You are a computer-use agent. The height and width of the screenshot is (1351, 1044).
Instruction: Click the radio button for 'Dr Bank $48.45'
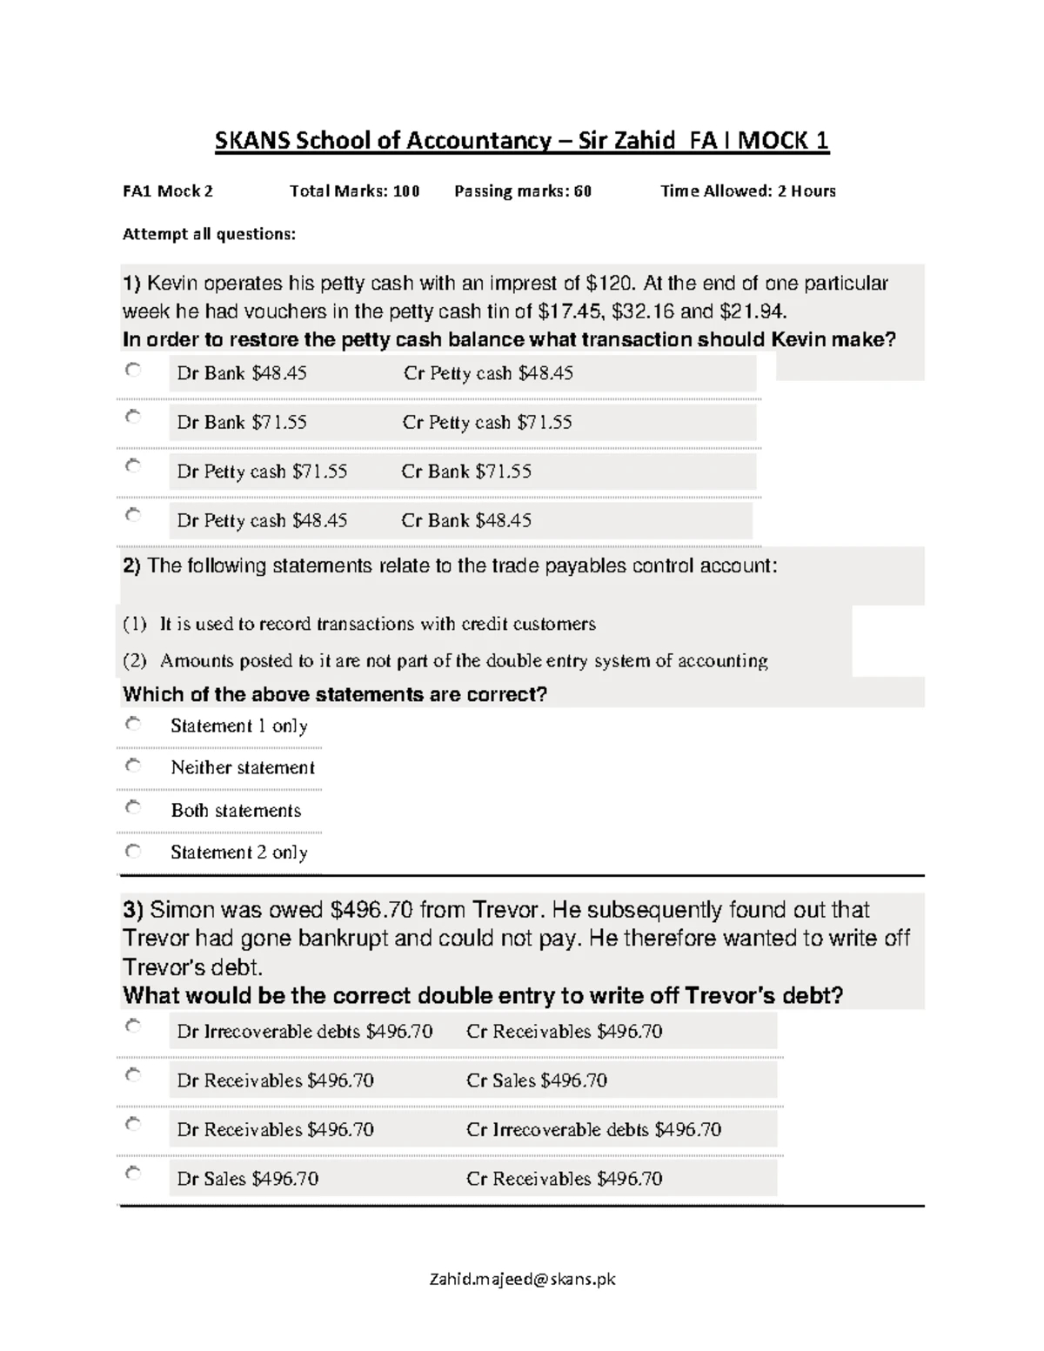(x=132, y=370)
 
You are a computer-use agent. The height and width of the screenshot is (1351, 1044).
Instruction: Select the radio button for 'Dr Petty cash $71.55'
(x=132, y=466)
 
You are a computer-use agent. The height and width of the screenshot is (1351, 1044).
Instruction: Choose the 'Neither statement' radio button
(x=132, y=766)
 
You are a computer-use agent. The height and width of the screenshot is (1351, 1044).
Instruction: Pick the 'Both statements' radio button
(x=132, y=807)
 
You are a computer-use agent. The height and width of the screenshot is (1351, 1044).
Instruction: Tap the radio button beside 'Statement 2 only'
(x=132, y=850)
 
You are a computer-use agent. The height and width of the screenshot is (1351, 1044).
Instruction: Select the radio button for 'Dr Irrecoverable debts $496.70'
(x=132, y=1026)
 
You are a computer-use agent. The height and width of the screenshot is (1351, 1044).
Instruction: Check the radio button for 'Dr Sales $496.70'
(x=132, y=1174)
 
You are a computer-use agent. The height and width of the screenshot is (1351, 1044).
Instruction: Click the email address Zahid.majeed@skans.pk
(x=522, y=1279)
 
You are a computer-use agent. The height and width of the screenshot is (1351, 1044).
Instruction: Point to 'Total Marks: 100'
(x=354, y=191)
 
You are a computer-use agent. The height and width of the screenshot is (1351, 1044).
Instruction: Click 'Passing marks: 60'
(x=523, y=191)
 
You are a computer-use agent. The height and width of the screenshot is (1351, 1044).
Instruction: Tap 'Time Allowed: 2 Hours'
(x=748, y=191)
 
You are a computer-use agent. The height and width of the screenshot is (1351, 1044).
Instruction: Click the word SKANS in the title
(x=252, y=141)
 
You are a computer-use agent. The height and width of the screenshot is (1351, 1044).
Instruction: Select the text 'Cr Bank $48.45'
(x=466, y=521)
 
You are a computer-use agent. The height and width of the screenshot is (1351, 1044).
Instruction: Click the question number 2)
(x=131, y=566)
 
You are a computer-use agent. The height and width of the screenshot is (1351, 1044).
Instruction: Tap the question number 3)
(x=132, y=910)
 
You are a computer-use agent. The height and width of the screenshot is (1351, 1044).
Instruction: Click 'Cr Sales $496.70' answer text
(x=537, y=1080)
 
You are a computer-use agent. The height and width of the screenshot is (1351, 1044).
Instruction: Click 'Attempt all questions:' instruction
(x=209, y=234)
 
